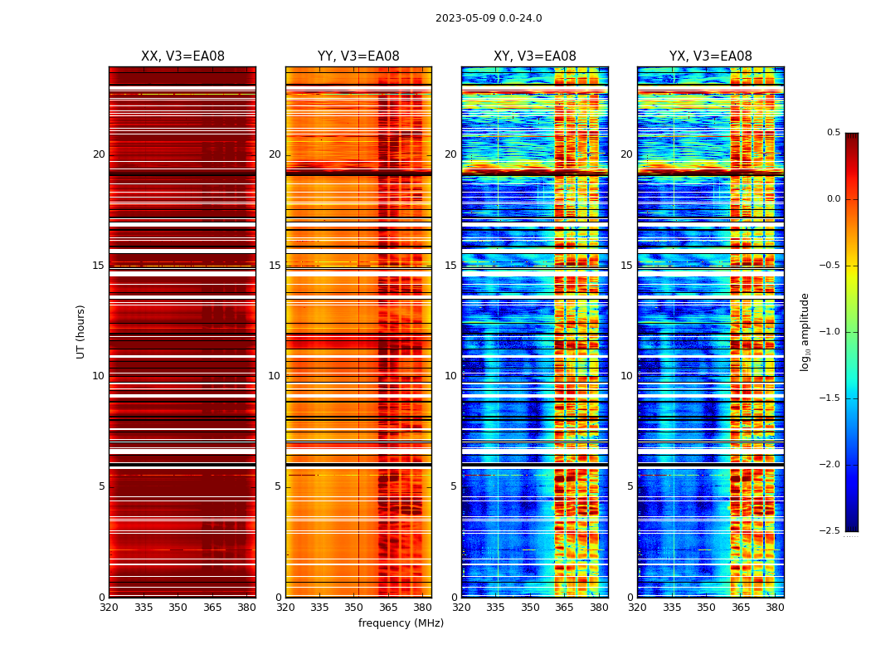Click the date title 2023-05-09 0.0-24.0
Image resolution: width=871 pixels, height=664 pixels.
(x=489, y=18)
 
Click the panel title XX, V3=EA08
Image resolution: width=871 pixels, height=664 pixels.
(x=182, y=56)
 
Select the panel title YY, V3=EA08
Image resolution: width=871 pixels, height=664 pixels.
(x=358, y=56)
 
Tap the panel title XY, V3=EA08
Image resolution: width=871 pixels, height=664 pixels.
(x=535, y=56)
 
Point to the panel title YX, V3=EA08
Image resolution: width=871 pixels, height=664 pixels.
(x=711, y=56)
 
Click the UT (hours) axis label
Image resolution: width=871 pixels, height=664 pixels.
(x=81, y=331)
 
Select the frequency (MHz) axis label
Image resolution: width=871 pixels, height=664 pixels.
(x=401, y=623)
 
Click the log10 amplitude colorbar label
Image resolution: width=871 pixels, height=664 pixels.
(x=805, y=331)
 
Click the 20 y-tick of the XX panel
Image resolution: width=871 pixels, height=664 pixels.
(x=99, y=154)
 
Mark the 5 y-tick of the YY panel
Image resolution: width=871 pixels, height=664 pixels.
(x=278, y=486)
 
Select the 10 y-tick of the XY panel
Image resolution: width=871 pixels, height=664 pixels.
(x=450, y=376)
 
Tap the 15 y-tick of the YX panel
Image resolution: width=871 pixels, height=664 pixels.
(x=626, y=266)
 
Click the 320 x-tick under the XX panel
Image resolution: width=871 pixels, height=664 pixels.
(x=109, y=608)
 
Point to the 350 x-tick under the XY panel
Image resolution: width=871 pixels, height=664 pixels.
(x=530, y=608)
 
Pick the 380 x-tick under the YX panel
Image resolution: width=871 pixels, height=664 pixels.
(x=775, y=608)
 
